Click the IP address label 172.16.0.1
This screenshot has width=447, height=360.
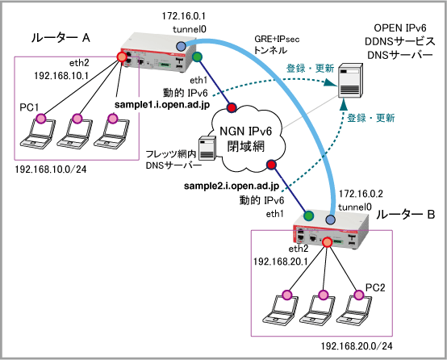[184, 16]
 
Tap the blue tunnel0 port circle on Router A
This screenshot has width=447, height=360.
[181, 46]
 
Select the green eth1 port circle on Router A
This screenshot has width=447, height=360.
[197, 57]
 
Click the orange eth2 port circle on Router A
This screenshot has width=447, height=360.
[122, 57]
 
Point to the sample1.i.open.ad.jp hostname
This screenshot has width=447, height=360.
[162, 105]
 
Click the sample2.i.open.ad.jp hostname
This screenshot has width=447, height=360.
[232, 186]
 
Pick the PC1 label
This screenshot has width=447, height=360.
[29, 107]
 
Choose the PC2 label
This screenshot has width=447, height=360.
[375, 287]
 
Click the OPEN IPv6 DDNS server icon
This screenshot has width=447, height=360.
[351, 81]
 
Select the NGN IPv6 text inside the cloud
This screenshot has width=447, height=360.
[246, 132]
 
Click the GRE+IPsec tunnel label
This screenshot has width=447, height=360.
[277, 44]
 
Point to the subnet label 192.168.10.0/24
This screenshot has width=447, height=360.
[51, 170]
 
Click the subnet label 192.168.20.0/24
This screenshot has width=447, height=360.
[357, 346]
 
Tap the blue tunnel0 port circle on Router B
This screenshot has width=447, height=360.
[330, 220]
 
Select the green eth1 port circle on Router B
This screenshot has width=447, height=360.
[308, 216]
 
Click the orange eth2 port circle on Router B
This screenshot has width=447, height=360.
[327, 242]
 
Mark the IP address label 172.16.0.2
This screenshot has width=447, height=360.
[361, 194]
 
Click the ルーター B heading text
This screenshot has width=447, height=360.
[405, 215]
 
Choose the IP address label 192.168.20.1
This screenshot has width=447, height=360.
[281, 262]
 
